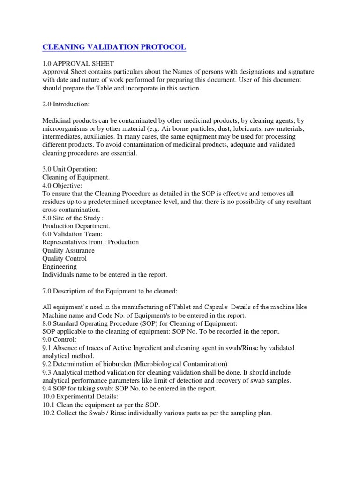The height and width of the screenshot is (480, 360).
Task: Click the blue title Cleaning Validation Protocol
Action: pyautogui.click(x=114, y=47)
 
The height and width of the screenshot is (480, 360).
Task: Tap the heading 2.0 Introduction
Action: pyautogui.click(x=67, y=105)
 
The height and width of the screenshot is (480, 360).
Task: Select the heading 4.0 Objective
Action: pyautogui.click(x=62, y=186)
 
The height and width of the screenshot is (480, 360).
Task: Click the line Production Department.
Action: pyautogui.click(x=76, y=226)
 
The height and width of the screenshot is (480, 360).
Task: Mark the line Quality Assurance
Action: pyautogui.click(x=68, y=250)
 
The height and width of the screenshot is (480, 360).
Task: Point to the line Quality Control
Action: pyautogui.click(x=65, y=258)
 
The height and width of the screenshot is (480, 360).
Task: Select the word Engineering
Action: pyautogui.click(x=60, y=266)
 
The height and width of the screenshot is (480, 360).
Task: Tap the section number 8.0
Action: pyautogui.click(x=47, y=323)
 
